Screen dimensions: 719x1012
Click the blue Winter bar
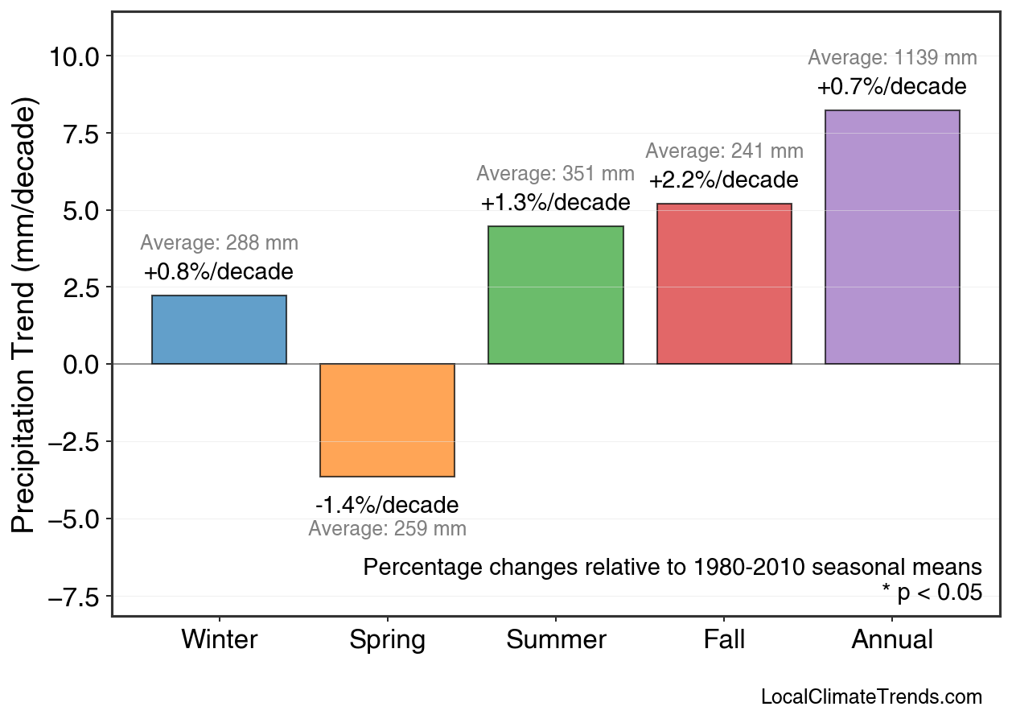coord(219,330)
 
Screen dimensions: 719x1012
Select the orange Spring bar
coord(387,420)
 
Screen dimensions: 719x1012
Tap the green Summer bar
coord(555,295)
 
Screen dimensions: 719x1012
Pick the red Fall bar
coord(724,284)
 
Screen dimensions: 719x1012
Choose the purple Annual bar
coord(892,238)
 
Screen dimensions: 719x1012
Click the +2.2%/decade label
coord(724,180)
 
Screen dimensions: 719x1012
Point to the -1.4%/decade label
coord(387,506)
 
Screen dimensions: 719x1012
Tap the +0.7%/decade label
coord(892,87)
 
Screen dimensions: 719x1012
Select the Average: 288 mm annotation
coord(219,243)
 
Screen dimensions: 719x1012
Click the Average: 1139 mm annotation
coord(892,58)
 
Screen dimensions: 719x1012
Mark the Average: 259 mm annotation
coord(387,529)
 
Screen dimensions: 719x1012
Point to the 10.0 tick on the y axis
coord(74,56)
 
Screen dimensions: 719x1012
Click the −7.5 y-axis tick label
coord(74,597)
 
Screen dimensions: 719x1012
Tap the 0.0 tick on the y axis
coord(80,365)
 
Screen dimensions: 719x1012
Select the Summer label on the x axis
coord(556,640)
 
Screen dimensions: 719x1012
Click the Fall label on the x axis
coord(724,640)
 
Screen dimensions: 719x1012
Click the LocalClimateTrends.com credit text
coord(871,697)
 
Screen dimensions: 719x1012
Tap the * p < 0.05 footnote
coord(932,593)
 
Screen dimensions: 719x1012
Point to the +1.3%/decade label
coord(555,203)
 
